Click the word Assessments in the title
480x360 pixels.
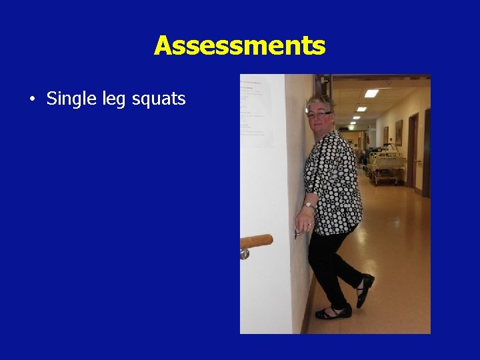click(239, 46)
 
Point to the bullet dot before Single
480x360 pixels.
click(31, 100)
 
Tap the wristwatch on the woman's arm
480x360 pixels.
click(309, 205)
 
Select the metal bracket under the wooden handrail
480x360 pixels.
click(245, 253)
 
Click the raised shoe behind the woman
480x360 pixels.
click(364, 291)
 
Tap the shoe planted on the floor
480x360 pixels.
click(333, 311)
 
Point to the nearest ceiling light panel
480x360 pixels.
click(371, 93)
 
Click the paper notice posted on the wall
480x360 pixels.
click(256, 110)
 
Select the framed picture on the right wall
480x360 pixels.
click(398, 132)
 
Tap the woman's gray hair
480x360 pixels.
click(319, 102)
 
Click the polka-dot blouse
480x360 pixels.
click(333, 180)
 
